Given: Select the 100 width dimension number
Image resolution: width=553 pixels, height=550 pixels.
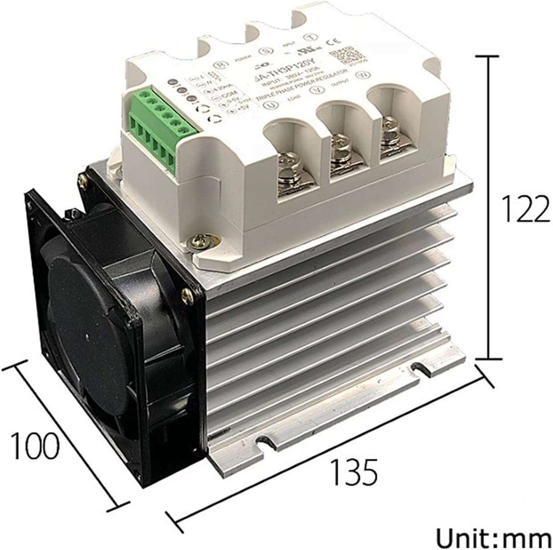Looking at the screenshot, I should pyautogui.click(x=35, y=444).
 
